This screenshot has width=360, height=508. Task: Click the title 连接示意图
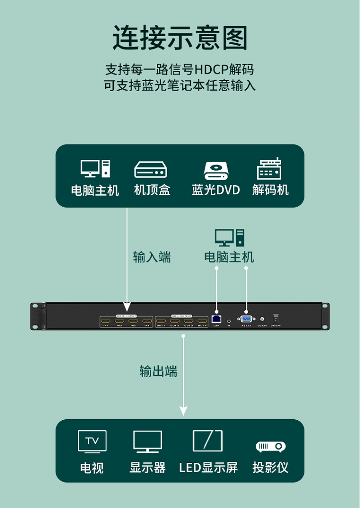180,38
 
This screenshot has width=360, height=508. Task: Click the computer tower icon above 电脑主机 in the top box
96,169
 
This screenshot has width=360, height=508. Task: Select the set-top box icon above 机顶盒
150,170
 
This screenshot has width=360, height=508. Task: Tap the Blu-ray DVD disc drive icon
216,170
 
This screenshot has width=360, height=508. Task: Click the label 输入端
152,258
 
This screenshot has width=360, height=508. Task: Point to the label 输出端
158,371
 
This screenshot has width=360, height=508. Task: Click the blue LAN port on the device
216,319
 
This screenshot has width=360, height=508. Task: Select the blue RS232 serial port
246,319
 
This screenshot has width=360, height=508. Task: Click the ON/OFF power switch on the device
276,318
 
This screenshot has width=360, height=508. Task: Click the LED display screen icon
207,441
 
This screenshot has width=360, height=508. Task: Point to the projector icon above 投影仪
270,447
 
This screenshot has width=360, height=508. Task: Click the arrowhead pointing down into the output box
183,411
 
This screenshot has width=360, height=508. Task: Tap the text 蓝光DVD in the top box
216,190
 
